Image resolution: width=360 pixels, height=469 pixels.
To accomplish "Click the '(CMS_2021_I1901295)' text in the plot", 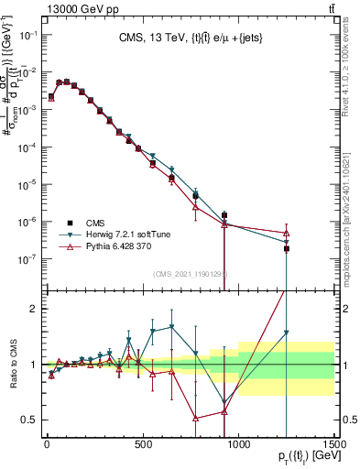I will (190, 274).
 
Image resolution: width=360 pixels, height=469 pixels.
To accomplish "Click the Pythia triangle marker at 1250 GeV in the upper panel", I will (287, 233).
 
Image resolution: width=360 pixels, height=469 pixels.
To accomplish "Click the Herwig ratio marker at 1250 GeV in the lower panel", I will (287, 333).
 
